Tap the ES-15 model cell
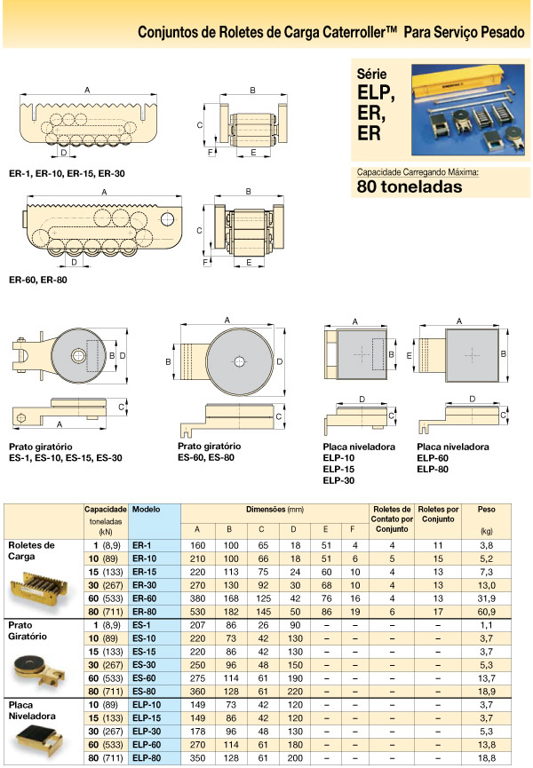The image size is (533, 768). [144, 651]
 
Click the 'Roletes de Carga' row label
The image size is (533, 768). [31, 550]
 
